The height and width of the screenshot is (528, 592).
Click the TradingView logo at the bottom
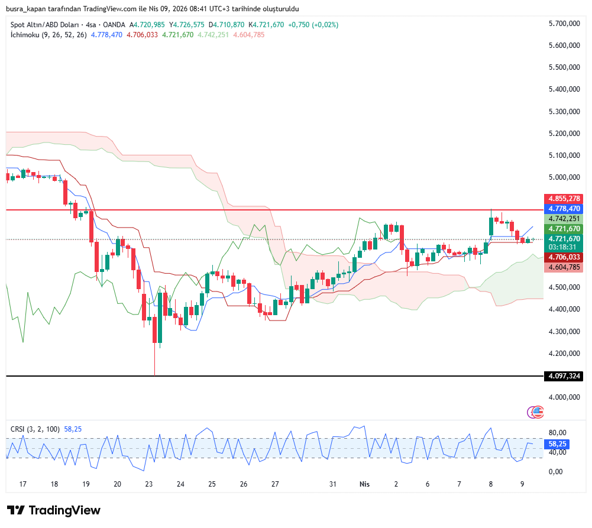click(x=54, y=510)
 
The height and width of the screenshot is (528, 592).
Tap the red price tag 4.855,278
click(x=565, y=198)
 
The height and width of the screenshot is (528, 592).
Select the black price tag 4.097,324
click(x=565, y=376)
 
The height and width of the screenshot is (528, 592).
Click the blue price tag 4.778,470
click(x=565, y=209)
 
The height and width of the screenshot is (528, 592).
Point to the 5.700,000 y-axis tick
click(x=564, y=23)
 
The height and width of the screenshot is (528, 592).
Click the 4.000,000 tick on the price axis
click(x=564, y=398)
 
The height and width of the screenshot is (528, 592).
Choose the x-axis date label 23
click(x=149, y=484)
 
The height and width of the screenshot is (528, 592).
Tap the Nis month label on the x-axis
click(x=364, y=484)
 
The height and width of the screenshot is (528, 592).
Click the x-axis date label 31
click(x=333, y=484)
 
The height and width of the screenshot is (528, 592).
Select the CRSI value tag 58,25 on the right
click(x=558, y=443)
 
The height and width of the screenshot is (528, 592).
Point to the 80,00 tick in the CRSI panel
click(x=558, y=433)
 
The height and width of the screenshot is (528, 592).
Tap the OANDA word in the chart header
click(x=114, y=25)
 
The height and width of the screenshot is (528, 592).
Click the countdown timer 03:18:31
click(x=565, y=247)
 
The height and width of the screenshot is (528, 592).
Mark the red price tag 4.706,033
click(x=565, y=257)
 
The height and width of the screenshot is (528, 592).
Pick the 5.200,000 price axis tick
click(x=564, y=134)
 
